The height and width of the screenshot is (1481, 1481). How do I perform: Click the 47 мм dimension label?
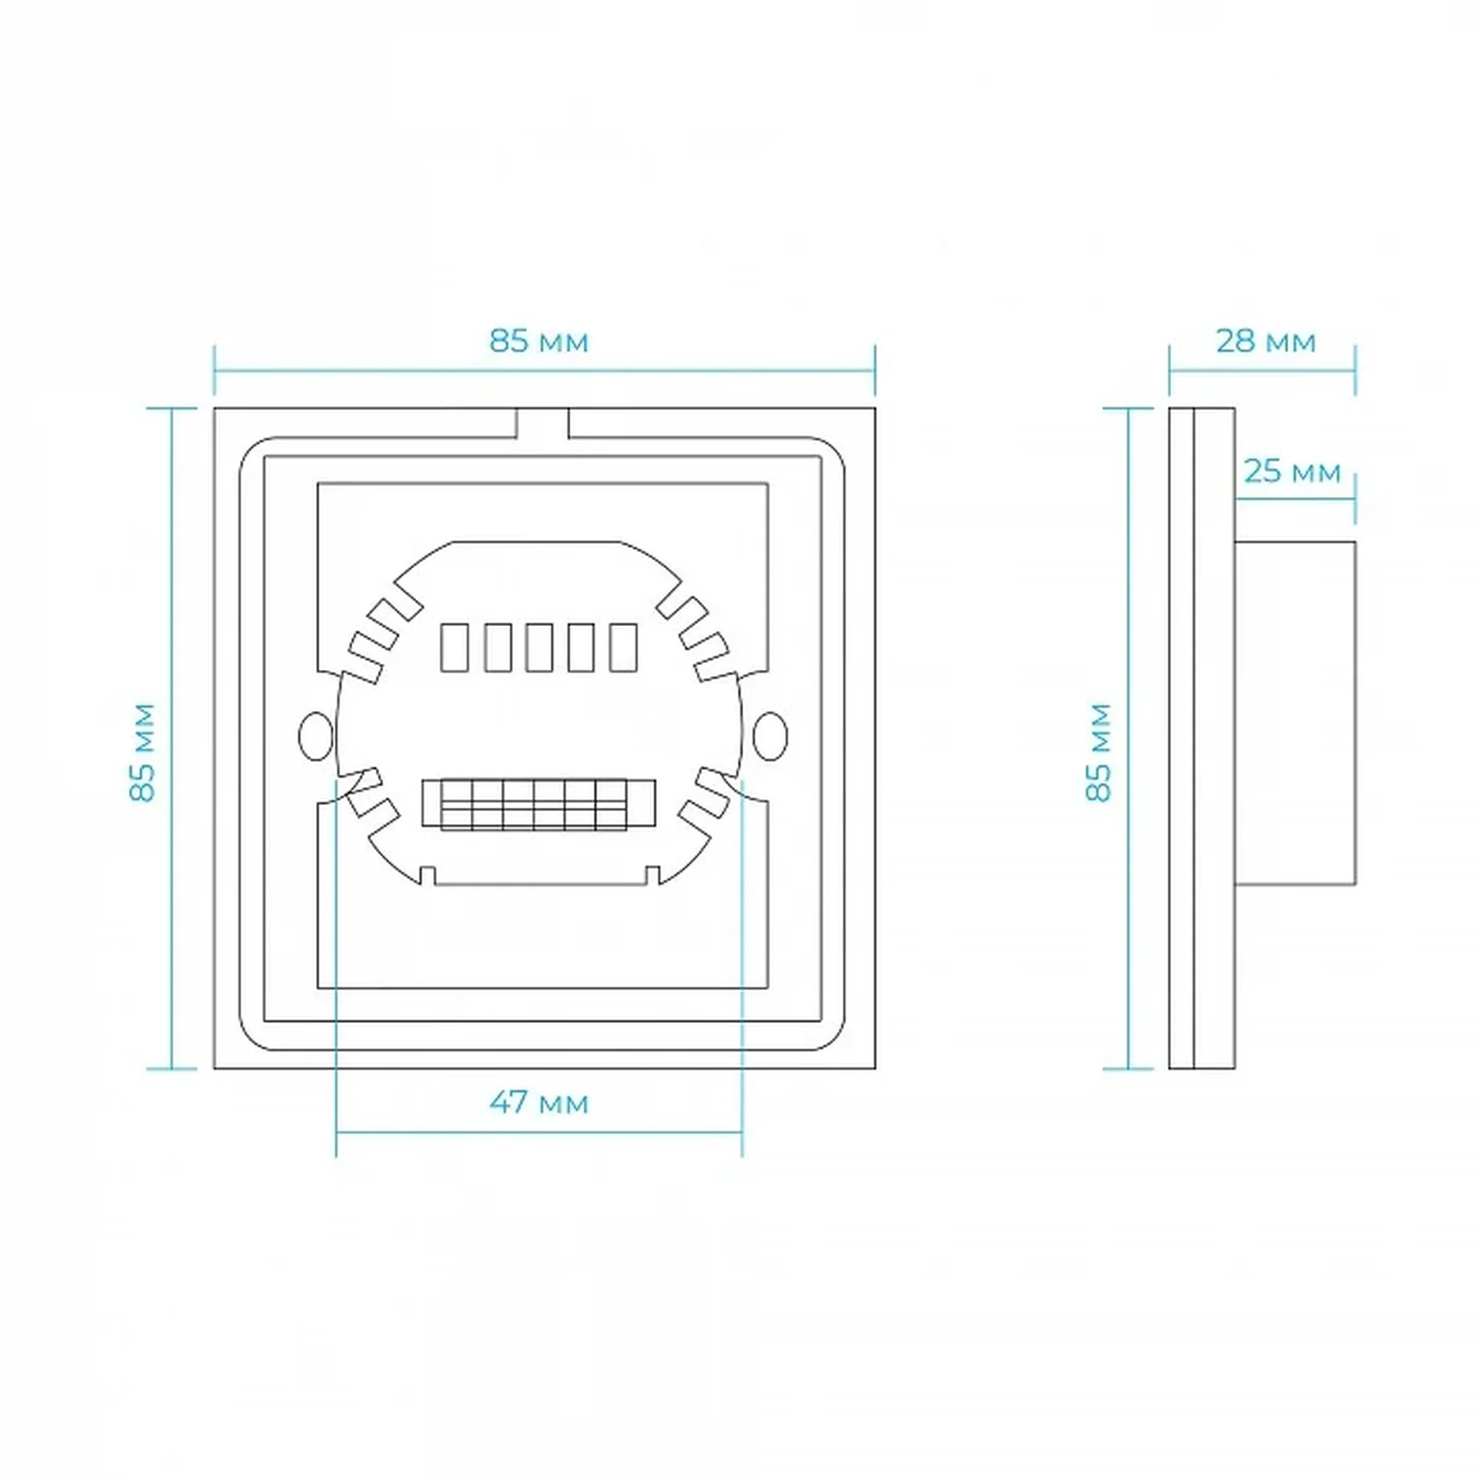539,1103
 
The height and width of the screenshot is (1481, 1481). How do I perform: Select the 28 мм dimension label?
1266,342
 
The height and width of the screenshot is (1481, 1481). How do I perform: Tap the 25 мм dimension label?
1292,472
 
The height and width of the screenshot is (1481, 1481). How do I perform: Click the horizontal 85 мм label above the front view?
539,342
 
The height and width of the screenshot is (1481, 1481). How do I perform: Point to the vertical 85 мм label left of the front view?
143,753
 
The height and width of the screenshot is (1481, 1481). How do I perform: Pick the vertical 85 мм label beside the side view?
1099,753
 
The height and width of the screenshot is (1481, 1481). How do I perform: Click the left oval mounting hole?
315,736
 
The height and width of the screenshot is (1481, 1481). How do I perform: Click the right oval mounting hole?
770,736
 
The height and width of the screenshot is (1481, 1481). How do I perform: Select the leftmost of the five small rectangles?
454,648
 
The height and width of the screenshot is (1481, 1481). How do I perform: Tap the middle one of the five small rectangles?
539,648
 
